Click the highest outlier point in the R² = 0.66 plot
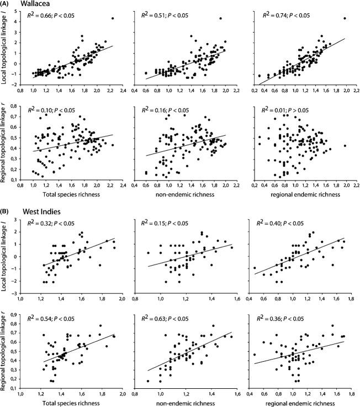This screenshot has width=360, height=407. point(113,18)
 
